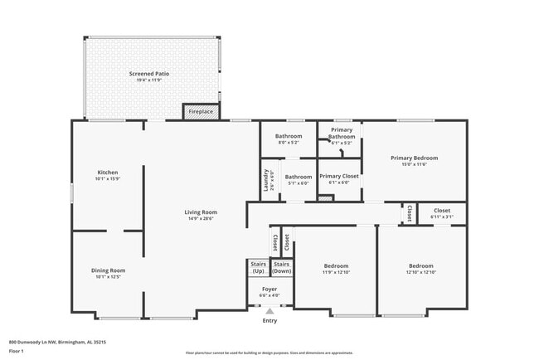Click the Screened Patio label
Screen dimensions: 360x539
point(149,74)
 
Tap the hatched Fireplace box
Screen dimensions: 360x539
point(201,111)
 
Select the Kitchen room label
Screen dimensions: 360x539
point(108,172)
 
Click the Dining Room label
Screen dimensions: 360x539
point(108,270)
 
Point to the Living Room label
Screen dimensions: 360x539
point(201,212)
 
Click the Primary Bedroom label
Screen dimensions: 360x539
point(414,158)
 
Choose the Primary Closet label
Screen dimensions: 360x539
point(338,176)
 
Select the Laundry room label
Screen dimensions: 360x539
point(267,181)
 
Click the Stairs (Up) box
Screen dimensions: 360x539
point(258,268)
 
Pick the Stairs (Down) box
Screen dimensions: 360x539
point(282,268)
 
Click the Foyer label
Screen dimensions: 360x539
point(269,289)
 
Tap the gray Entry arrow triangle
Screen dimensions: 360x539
point(269,311)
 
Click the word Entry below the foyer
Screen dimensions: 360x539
point(269,321)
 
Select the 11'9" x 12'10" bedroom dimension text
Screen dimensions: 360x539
point(337,272)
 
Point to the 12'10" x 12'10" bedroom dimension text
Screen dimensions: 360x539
point(421,272)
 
